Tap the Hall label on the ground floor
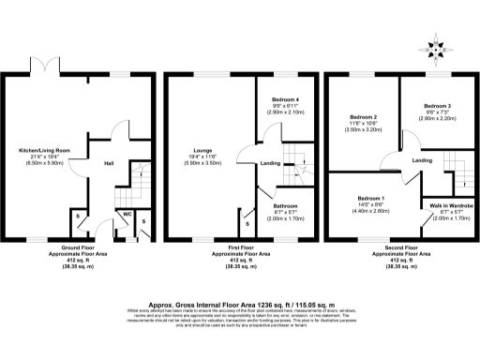coord(109,162)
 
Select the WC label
coord(125,214)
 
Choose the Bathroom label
coord(286,204)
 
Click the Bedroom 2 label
coord(361,117)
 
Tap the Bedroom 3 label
coord(438,106)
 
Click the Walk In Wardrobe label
coord(451,204)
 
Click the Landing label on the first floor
coord(270,164)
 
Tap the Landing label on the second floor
coord(422,161)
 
